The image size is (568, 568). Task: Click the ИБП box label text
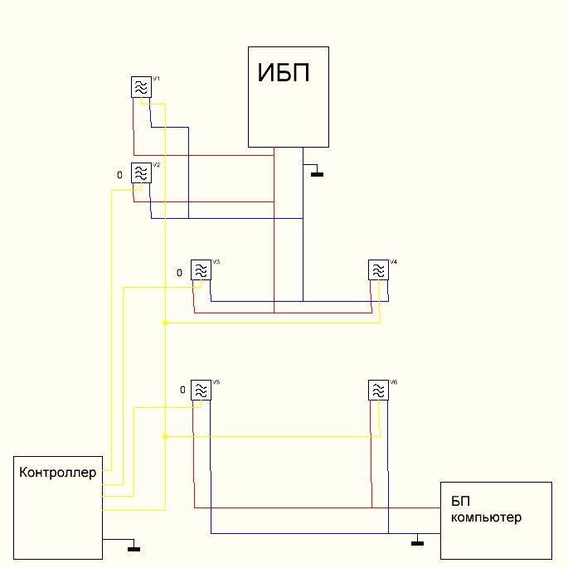click(283, 74)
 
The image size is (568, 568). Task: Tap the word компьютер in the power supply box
click(487, 517)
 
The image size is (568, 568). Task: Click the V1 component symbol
click(141, 87)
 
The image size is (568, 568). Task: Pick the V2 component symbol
click(141, 172)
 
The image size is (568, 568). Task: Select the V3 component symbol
click(201, 270)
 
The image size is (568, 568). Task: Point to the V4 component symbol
click(378, 270)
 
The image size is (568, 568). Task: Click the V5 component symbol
click(201, 390)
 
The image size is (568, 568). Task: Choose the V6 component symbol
click(378, 390)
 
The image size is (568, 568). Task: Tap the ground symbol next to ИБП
click(316, 173)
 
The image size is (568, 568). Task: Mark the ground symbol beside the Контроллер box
click(134, 547)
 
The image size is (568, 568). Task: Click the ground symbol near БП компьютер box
click(417, 543)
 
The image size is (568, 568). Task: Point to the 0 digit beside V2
click(119, 175)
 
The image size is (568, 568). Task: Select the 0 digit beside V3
click(179, 272)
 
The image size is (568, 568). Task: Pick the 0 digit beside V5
click(183, 390)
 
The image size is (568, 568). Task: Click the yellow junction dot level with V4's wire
click(165, 323)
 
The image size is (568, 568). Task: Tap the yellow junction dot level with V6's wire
click(165, 436)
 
